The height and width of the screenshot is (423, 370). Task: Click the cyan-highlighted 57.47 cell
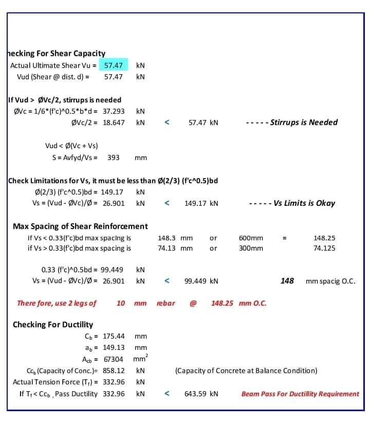113,65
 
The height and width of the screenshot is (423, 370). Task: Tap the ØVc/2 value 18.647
114,122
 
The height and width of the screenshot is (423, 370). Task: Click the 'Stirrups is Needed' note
304,122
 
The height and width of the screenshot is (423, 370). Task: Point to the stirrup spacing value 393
113,157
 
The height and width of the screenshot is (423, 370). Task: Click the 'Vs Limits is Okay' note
304,203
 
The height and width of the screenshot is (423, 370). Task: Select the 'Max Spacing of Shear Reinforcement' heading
80,226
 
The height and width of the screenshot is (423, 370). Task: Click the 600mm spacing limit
251,238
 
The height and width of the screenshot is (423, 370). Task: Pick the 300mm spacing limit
251,248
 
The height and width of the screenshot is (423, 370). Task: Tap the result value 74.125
324,248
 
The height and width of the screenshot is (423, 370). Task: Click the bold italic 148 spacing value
287,281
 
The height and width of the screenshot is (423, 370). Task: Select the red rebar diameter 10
121,303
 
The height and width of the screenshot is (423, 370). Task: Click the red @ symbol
193,303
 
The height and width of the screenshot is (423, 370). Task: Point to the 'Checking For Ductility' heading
53,325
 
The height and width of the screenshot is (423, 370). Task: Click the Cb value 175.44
114,337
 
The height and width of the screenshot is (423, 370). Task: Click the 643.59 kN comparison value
201,394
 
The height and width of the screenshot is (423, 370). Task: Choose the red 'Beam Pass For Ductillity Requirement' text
300,394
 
